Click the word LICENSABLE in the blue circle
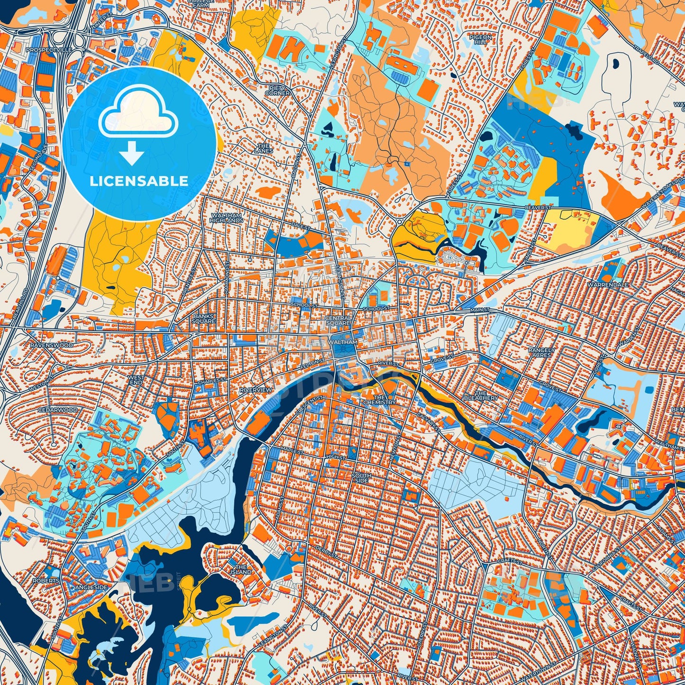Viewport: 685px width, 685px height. [x=139, y=181]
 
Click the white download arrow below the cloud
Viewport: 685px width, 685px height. [x=132, y=154]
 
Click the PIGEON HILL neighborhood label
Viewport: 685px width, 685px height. [x=480, y=39]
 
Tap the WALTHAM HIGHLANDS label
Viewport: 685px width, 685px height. [x=227, y=218]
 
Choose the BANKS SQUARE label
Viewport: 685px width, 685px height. [x=204, y=319]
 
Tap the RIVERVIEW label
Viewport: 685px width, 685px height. [x=256, y=390]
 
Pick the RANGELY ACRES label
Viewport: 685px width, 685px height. [x=541, y=352]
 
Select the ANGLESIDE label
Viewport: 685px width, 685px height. [x=91, y=587]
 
